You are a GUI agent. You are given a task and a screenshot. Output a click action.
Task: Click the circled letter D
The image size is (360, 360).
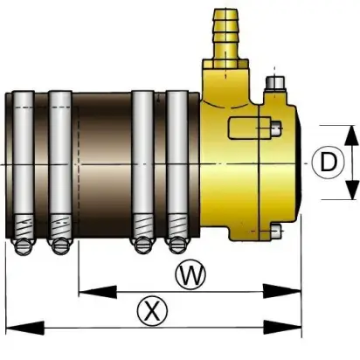tap(329, 163)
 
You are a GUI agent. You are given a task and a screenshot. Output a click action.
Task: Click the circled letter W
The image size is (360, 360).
tap(190, 274)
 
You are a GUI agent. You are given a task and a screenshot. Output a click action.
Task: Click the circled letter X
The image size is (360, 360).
tap(153, 312)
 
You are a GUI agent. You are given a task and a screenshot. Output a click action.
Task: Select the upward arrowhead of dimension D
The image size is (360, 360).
tap(351, 135)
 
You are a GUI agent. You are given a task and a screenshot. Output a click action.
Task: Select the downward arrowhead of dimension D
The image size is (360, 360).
tap(351, 190)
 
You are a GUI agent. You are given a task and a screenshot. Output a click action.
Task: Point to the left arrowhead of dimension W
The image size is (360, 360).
tap(98, 292)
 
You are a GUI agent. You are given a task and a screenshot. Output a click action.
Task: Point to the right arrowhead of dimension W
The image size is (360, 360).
tap(281, 291)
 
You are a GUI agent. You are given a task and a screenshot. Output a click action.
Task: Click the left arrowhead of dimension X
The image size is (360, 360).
tap(25, 328)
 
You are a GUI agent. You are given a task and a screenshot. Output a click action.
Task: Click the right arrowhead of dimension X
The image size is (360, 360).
tap(282, 328)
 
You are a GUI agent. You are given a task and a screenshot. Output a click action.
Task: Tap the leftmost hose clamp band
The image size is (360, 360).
tap(24, 166)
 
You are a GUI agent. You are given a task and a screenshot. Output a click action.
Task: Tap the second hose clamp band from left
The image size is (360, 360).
tap(60, 166)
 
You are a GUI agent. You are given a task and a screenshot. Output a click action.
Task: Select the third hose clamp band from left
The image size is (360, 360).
tap(142, 166)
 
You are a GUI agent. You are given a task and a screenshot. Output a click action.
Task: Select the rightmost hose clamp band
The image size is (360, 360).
tap(177, 166)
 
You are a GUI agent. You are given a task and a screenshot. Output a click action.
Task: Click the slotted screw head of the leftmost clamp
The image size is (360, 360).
tap(24, 247)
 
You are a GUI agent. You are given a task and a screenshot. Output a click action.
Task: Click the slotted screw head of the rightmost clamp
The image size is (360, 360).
tap(177, 246)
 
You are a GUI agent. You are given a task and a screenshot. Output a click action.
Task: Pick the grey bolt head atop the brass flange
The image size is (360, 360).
tap(275, 83)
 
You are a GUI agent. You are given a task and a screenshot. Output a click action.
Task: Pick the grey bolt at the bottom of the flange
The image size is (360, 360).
tap(276, 232)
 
